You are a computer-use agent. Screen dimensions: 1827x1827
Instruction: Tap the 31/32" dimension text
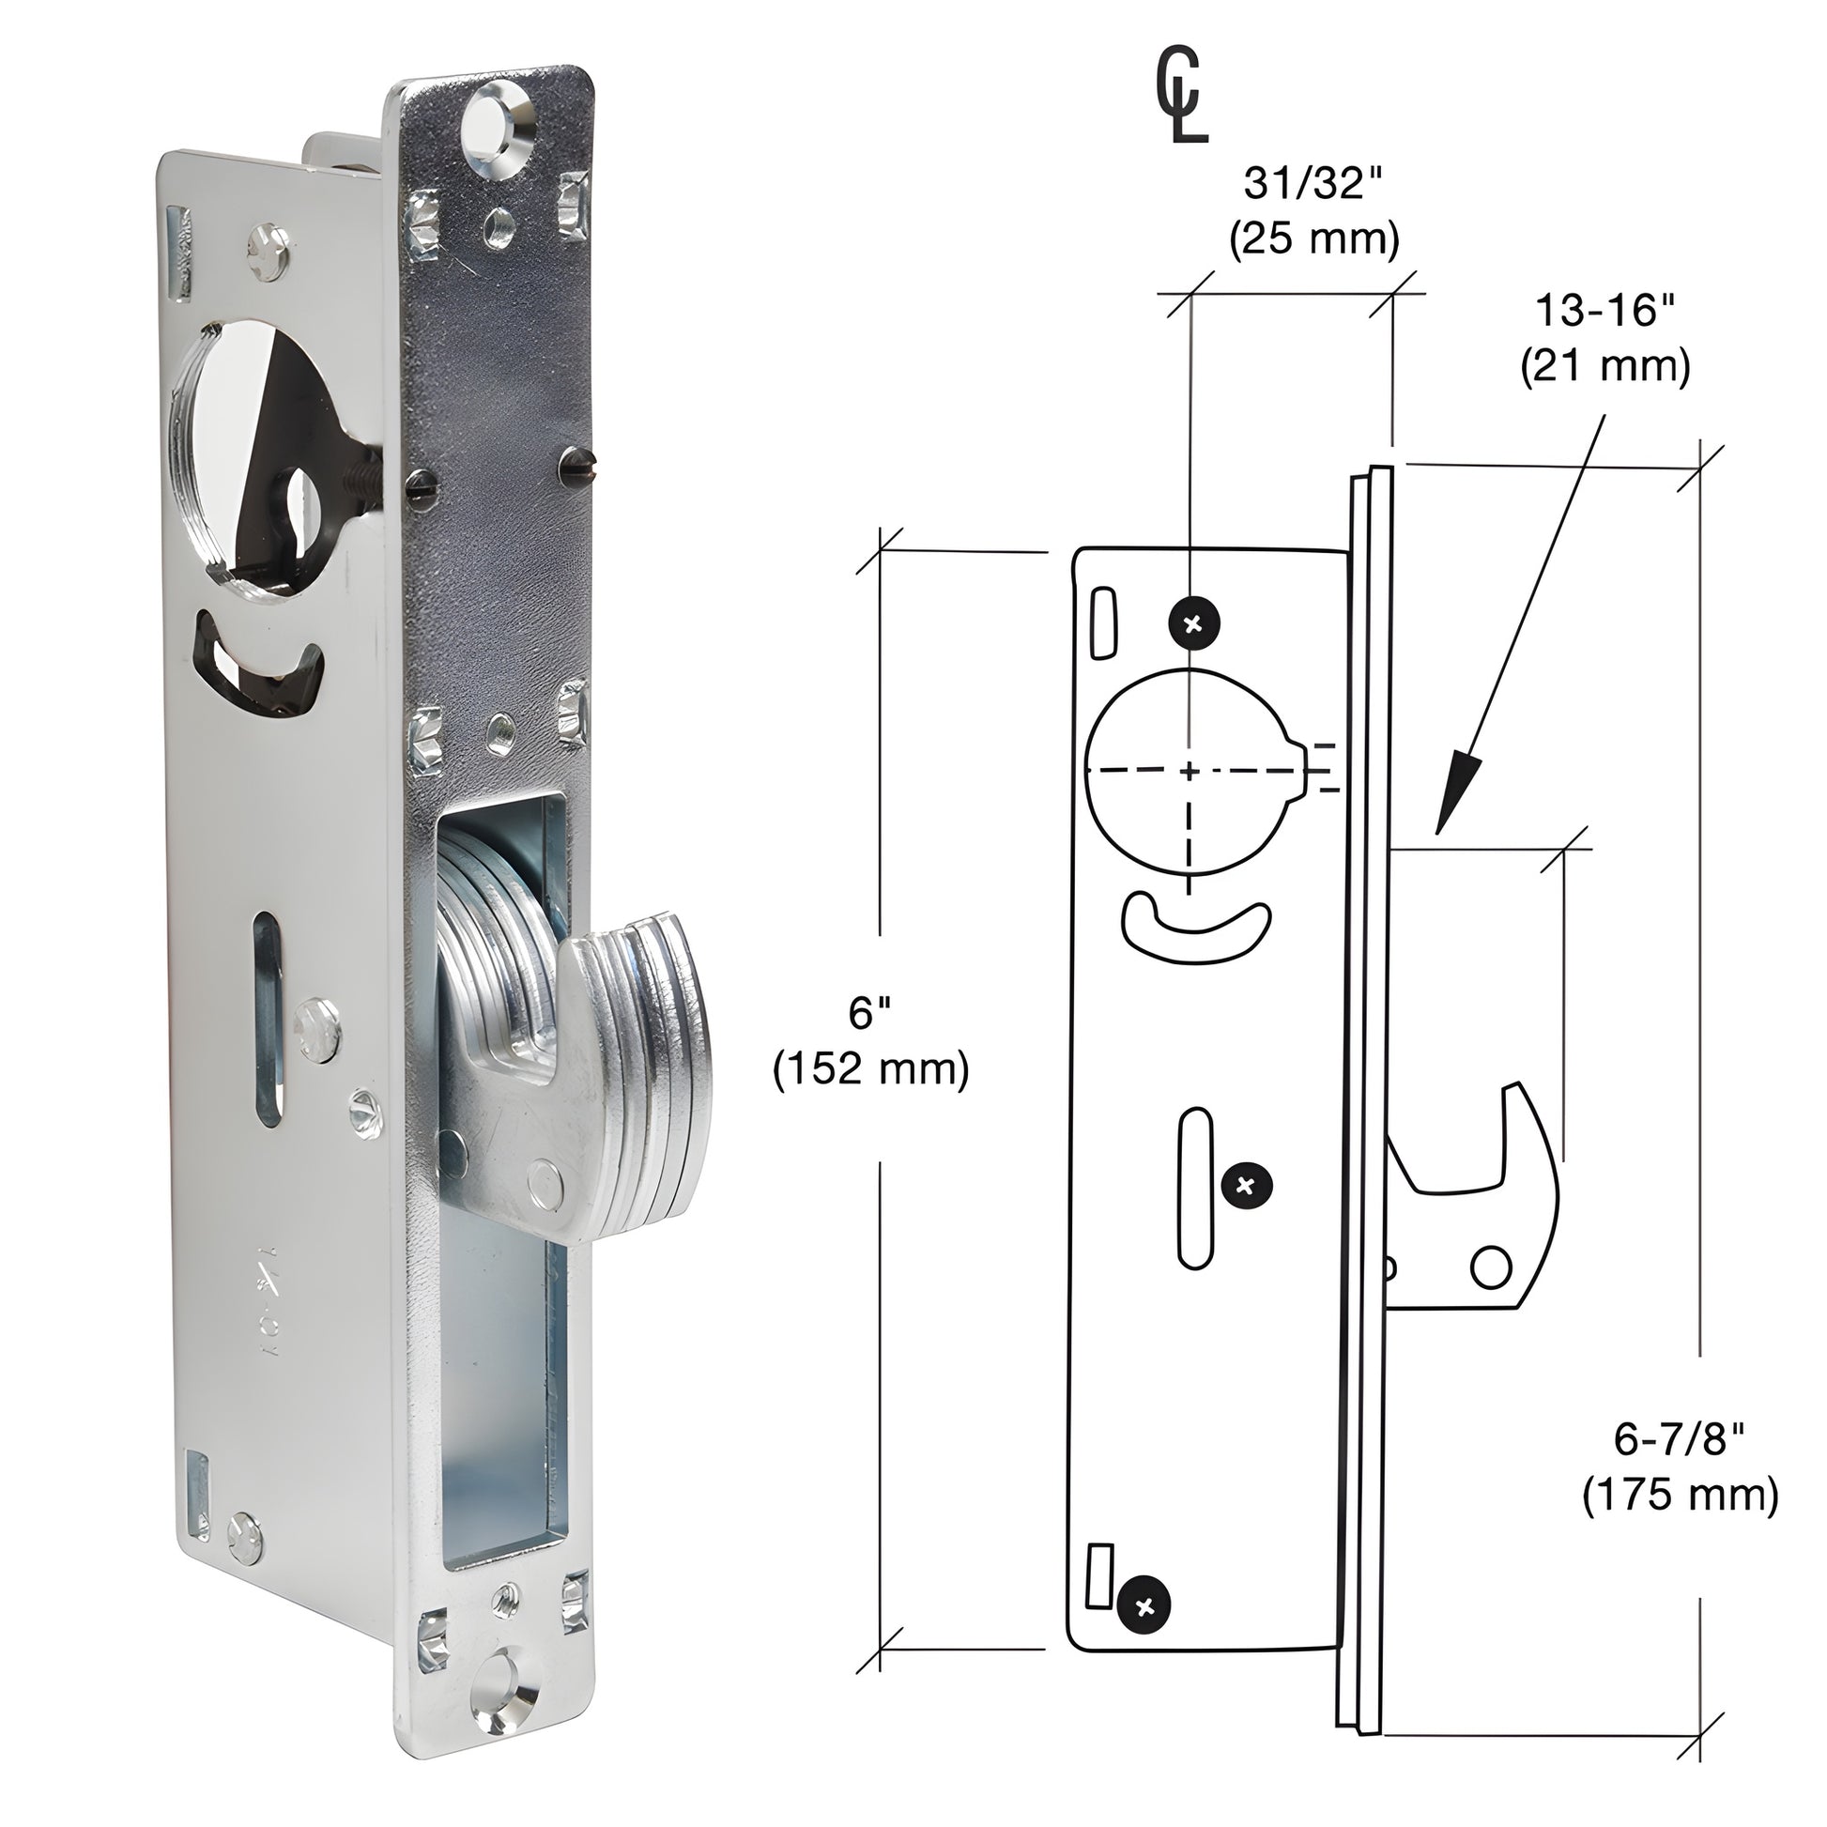pyautogui.click(x=1313, y=183)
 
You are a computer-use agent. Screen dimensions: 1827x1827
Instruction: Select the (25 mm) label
pyautogui.click(x=1313, y=240)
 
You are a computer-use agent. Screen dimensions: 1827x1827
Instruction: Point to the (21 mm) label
pyautogui.click(x=1604, y=367)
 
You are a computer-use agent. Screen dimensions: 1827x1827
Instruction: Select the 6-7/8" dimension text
pyautogui.click(x=1678, y=1440)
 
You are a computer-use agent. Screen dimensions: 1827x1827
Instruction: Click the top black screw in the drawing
pyautogui.click(x=1194, y=623)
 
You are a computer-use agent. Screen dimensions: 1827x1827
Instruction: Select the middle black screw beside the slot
pyautogui.click(x=1247, y=1185)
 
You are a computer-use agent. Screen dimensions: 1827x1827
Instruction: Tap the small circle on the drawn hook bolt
pyautogui.click(x=1491, y=1267)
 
